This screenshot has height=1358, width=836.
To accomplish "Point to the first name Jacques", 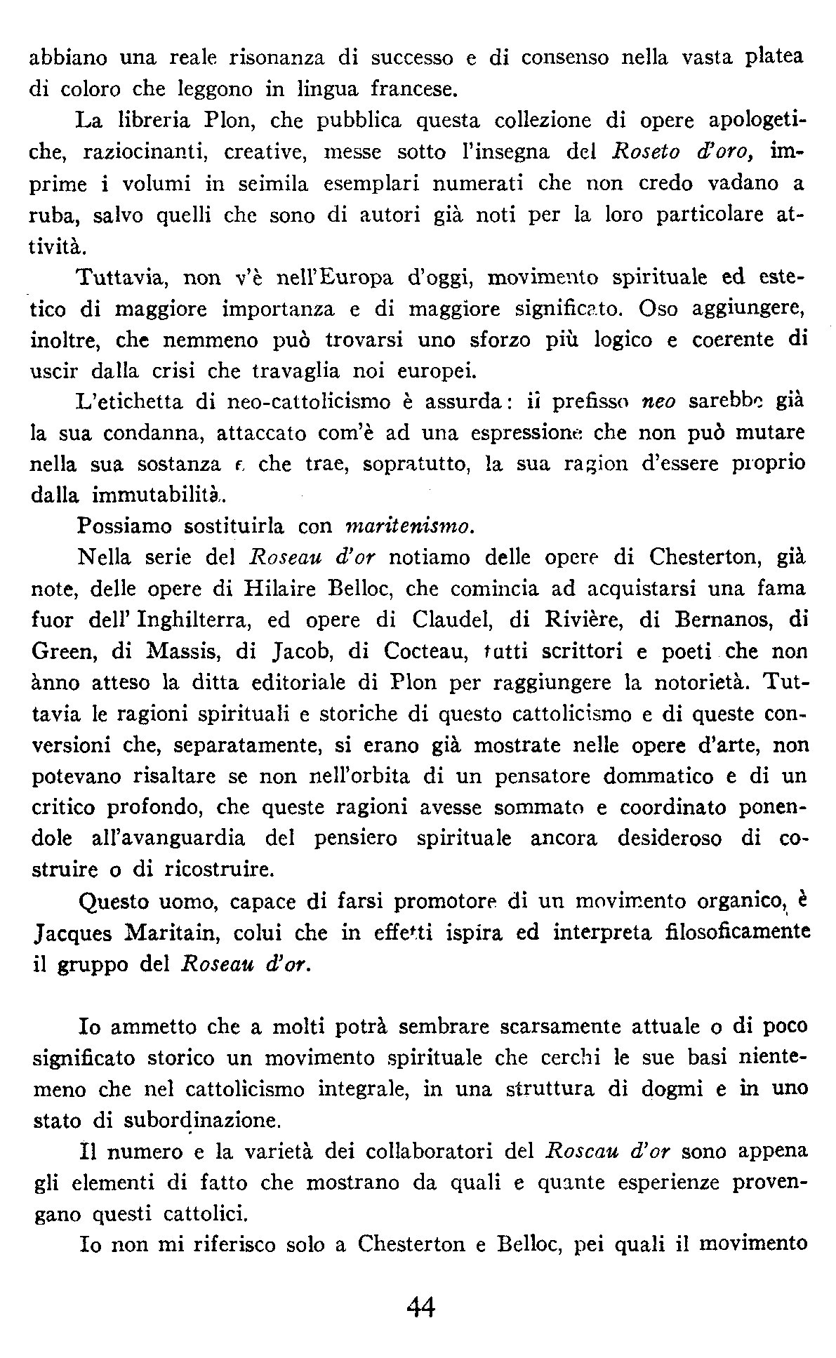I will (x=69, y=934).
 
